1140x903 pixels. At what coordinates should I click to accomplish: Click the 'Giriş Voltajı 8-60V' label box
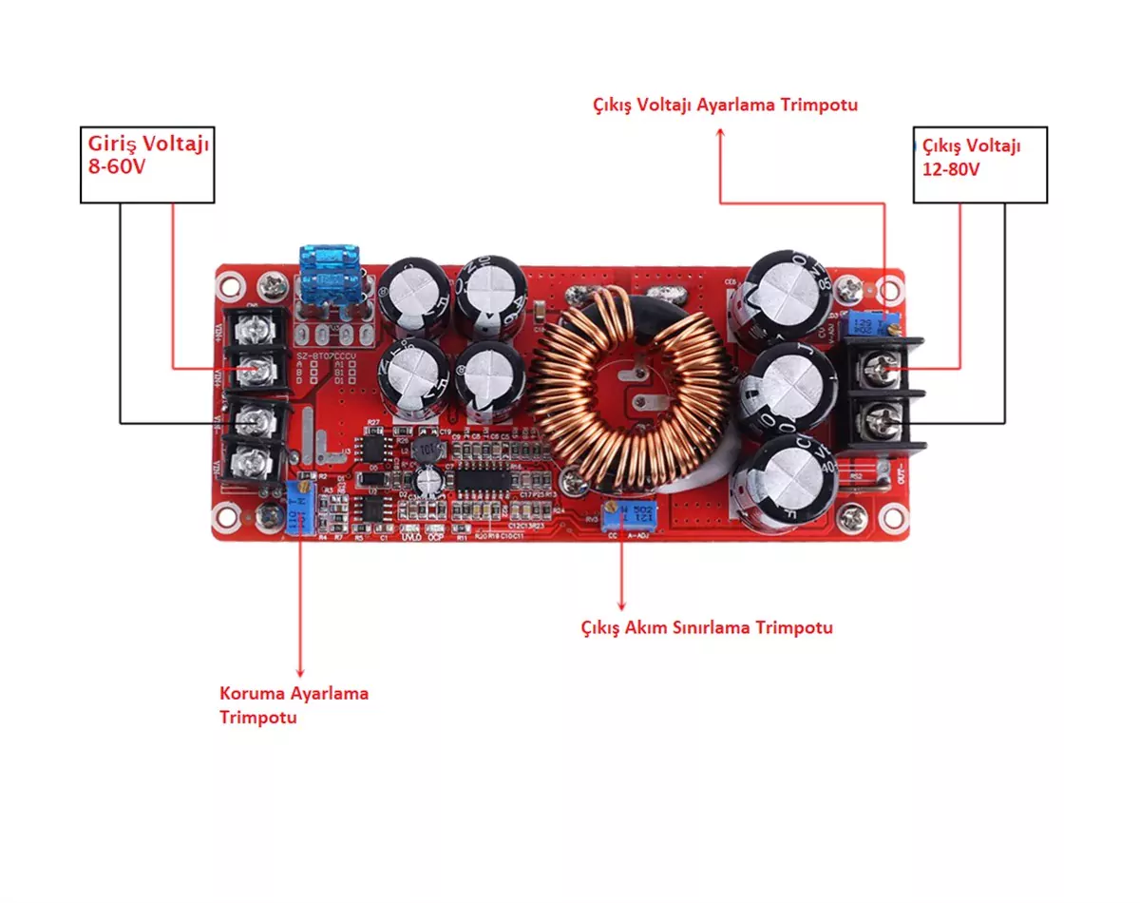tap(147, 163)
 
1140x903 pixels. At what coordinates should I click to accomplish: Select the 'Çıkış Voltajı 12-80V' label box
tap(979, 163)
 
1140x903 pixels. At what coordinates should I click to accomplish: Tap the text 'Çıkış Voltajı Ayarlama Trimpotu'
tap(725, 105)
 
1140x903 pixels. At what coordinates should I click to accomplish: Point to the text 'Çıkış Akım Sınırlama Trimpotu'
tap(707, 627)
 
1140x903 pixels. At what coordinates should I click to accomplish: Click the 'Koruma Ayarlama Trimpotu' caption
tap(294, 704)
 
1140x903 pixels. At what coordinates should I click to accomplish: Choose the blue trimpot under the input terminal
tap(301, 506)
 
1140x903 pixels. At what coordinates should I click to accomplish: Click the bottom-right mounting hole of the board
tap(891, 518)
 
